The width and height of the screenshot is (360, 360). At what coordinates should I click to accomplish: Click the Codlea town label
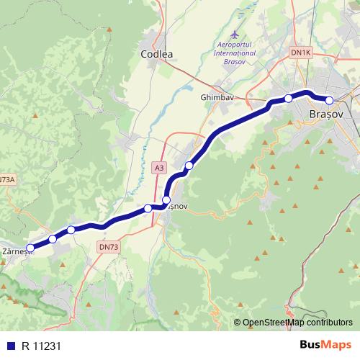pos(158,54)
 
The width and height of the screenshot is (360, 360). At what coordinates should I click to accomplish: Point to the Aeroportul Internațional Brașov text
pos(235,53)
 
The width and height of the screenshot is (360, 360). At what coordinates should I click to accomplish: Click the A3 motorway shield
pos(158,167)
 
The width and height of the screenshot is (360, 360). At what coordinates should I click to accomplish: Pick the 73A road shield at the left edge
pos(6,180)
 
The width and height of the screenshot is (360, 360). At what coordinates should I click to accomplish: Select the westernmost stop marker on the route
pos(30,248)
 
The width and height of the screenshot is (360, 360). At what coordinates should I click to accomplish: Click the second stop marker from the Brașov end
pos(288,99)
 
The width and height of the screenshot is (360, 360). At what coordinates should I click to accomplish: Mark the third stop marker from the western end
pos(71,230)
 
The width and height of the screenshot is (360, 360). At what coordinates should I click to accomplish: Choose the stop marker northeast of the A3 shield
pos(189,166)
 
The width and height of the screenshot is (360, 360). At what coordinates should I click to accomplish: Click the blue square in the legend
pos(9,345)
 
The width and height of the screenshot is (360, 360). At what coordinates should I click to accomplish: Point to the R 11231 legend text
pos(42,345)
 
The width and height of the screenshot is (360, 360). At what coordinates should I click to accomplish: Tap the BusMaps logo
pos(325,344)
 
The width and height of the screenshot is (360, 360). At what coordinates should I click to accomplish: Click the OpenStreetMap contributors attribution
pos(293,323)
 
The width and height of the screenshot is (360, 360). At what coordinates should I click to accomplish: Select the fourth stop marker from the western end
pos(148,208)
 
